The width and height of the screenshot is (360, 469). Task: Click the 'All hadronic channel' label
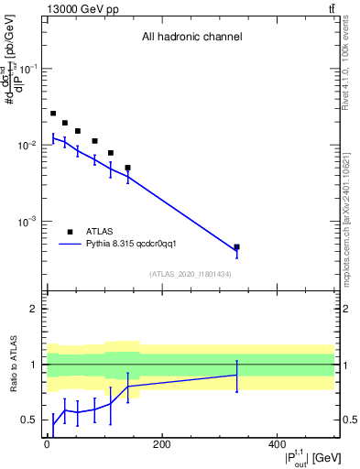(x=191, y=38)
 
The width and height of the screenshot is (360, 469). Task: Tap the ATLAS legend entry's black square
(x=70, y=232)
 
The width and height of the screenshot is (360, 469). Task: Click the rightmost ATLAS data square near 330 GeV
(x=236, y=247)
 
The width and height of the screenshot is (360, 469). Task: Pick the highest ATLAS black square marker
(x=53, y=114)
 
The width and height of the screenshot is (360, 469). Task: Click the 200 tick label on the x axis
(x=161, y=446)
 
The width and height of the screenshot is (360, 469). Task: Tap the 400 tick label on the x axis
(x=276, y=446)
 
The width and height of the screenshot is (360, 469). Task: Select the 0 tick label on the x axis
(x=47, y=446)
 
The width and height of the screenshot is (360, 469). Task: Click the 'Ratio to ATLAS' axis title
(x=14, y=364)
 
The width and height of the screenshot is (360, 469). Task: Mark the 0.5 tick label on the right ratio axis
(x=347, y=420)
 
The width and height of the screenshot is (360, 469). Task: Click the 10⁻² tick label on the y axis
(x=27, y=146)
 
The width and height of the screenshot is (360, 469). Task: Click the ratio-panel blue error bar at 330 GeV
(x=236, y=375)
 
